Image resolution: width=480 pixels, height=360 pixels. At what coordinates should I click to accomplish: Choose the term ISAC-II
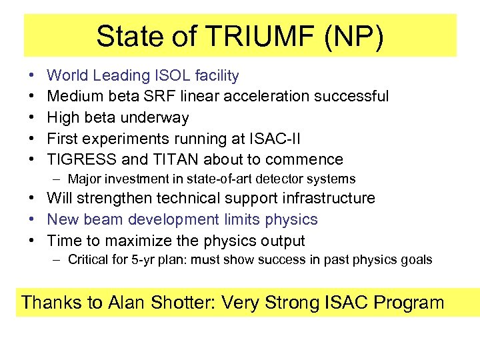pos(276,139)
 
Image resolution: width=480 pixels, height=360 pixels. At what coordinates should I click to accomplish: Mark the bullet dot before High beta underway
pos(32,118)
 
